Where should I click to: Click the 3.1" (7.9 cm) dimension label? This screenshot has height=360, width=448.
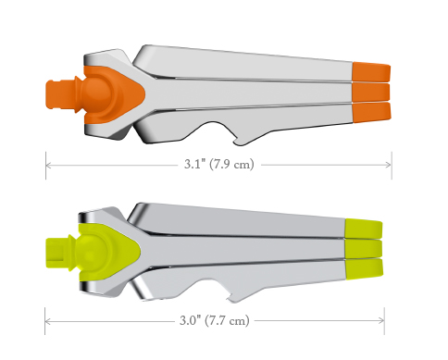click(x=219, y=164)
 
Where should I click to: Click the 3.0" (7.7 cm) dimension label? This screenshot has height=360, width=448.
click(x=215, y=320)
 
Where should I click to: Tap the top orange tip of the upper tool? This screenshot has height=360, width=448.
click(x=371, y=71)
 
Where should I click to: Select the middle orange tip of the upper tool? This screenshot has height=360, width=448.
click(x=371, y=92)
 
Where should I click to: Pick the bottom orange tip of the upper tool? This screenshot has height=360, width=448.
click(x=371, y=112)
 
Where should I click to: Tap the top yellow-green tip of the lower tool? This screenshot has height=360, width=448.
click(x=364, y=229)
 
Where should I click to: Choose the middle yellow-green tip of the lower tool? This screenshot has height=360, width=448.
click(x=364, y=249)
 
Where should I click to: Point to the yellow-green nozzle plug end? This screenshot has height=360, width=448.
click(x=56, y=253)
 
